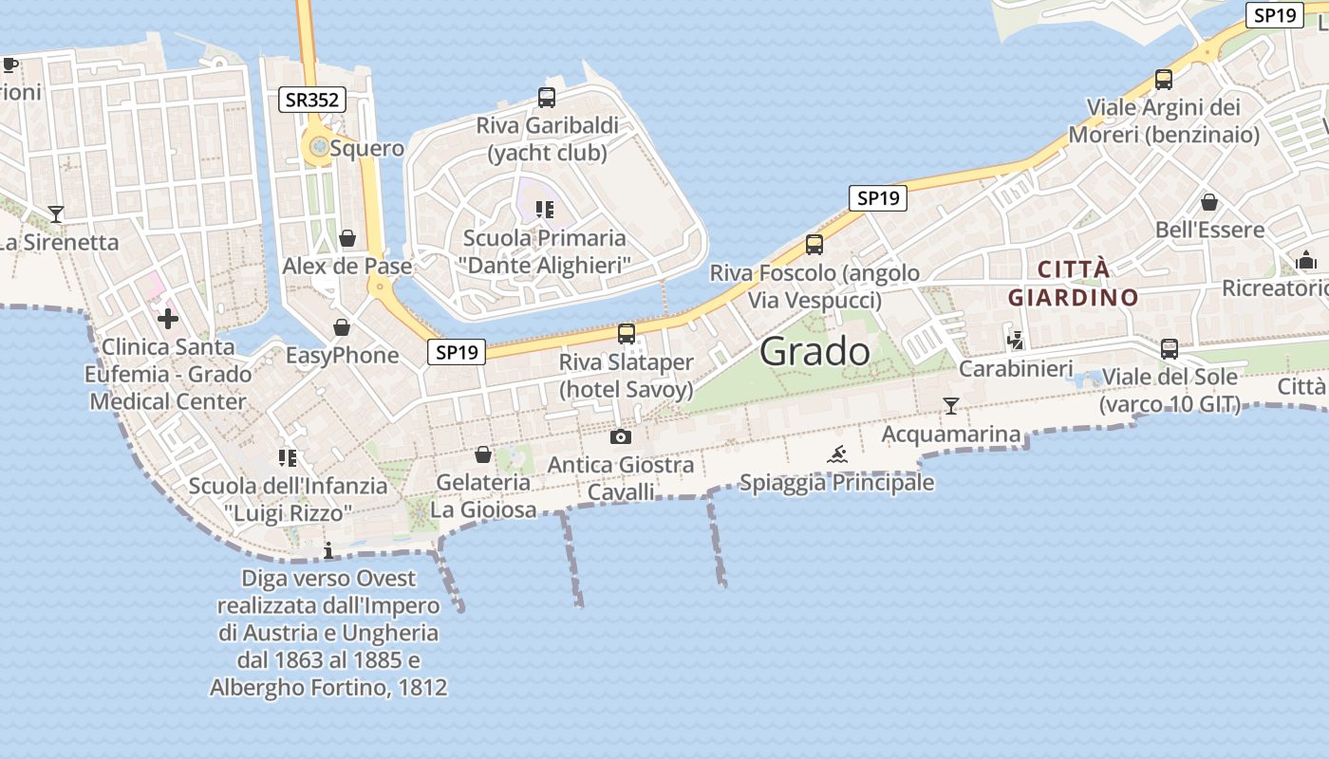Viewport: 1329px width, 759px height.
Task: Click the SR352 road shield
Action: coord(312,99)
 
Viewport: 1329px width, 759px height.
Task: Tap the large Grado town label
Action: coord(814,352)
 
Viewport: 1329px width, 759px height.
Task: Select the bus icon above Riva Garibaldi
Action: coord(546,97)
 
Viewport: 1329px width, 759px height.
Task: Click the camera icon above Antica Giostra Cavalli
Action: coord(620,436)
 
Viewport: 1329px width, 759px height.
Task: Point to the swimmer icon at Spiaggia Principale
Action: coord(836,454)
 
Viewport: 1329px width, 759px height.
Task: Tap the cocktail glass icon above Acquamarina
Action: coord(950,406)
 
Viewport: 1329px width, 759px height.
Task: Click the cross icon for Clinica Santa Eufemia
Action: coord(168,318)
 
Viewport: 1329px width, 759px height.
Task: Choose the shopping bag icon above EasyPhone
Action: coord(342,328)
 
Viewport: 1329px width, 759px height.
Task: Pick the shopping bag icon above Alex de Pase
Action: coord(347,238)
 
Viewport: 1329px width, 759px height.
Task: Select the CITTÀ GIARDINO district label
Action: coord(1073,283)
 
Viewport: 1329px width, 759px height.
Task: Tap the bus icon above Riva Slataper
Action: coord(626,334)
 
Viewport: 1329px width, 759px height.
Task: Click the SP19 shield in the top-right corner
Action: coord(1275,15)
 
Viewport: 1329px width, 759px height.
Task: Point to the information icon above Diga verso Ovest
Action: coord(328,550)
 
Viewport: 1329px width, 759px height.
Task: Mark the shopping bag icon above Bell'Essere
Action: coord(1208,202)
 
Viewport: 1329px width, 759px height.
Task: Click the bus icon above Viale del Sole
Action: coord(1169,348)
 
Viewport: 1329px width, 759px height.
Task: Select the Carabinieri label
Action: coord(1016,368)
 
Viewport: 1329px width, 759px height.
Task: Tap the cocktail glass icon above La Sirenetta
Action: coord(56,214)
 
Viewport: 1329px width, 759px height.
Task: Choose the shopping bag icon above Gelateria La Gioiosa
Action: coord(482,454)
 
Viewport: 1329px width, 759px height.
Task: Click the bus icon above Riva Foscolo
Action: coord(814,245)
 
